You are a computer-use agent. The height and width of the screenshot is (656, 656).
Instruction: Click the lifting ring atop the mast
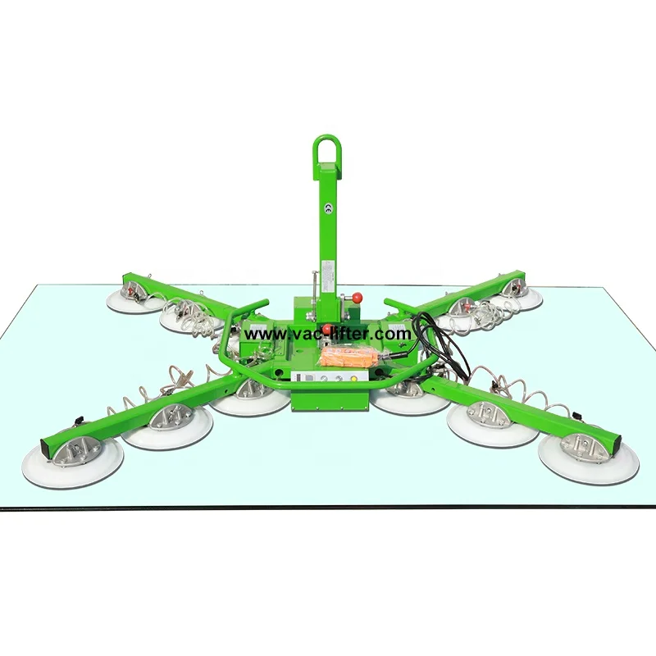point(326,151)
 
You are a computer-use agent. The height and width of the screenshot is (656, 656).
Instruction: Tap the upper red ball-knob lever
point(358,297)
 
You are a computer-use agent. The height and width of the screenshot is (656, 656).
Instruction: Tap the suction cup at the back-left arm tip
point(134,296)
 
